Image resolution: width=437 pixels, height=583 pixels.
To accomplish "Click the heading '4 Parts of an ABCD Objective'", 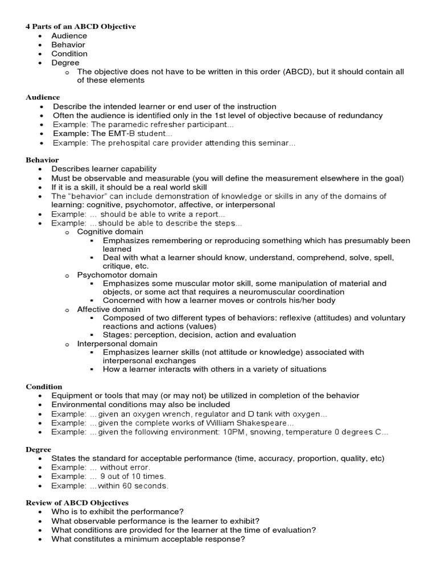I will point(81,27).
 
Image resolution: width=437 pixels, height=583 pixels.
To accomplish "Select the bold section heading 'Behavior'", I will point(42,161).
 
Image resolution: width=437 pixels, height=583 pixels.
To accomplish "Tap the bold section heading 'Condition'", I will point(44,387).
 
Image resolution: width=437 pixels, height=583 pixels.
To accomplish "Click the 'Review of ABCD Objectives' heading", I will point(77,503).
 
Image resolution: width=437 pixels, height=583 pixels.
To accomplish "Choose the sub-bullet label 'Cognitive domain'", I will point(110,232).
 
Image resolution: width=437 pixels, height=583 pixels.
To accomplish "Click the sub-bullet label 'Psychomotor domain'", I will point(117,275).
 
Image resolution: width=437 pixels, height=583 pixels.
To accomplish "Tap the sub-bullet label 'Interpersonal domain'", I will point(118,344).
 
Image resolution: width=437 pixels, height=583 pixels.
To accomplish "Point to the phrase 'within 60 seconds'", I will point(133,486).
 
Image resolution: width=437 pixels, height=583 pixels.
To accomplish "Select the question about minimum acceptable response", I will point(148,539).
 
